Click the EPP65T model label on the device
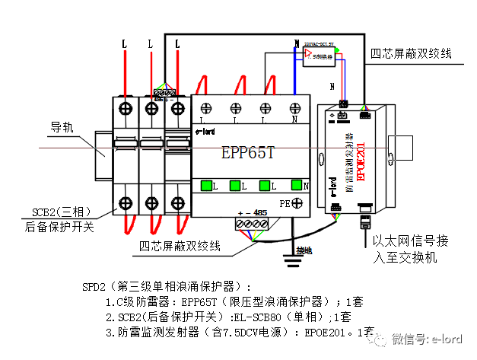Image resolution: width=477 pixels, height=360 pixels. [247, 152]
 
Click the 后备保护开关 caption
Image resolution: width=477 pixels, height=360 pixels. [57, 226]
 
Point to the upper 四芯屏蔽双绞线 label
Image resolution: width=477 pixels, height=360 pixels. [411, 54]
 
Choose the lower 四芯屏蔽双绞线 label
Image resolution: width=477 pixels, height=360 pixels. [180, 247]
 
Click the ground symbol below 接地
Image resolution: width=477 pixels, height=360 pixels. [292, 263]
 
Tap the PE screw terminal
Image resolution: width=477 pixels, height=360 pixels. [299, 203]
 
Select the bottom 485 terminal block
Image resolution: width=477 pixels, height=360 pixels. [252, 224]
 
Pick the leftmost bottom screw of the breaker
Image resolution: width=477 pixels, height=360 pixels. [126, 203]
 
